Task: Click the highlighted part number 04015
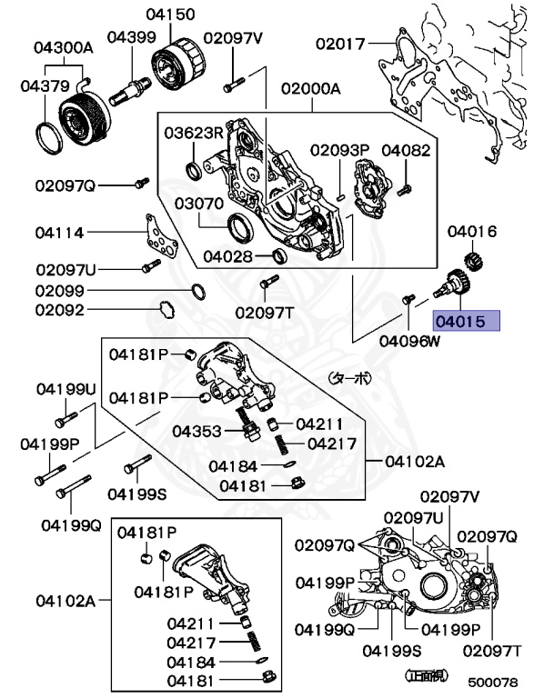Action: tap(466, 321)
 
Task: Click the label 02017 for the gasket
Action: tap(340, 43)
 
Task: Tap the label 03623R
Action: tap(193, 133)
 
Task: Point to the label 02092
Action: tap(60, 311)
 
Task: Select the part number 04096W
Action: tap(408, 342)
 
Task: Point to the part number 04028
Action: tap(228, 256)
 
